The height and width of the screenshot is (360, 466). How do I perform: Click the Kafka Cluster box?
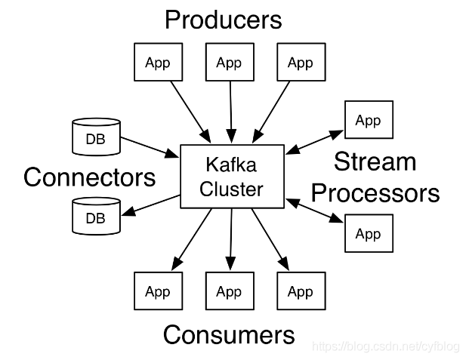(x=231, y=176)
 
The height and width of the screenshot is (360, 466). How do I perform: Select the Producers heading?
(x=224, y=19)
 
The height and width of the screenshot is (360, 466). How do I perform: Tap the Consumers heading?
(x=229, y=334)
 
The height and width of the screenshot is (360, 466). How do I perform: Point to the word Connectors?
(x=89, y=177)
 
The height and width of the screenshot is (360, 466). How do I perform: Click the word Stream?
(x=375, y=162)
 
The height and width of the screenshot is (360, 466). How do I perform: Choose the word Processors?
(x=375, y=192)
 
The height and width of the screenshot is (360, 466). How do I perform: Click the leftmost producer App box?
(x=157, y=62)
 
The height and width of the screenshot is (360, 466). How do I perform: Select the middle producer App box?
(x=229, y=62)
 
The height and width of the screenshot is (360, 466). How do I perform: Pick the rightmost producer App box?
(x=300, y=62)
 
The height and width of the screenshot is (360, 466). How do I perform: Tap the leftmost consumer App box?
(x=157, y=291)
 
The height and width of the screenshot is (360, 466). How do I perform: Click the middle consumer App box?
(x=229, y=291)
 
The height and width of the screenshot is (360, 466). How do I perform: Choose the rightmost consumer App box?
(x=300, y=291)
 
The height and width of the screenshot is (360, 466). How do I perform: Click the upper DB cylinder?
(x=95, y=137)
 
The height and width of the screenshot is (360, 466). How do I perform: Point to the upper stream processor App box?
(x=368, y=120)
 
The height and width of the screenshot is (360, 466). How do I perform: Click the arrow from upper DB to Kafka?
(x=149, y=147)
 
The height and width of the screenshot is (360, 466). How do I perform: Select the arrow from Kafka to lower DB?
(x=149, y=205)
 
